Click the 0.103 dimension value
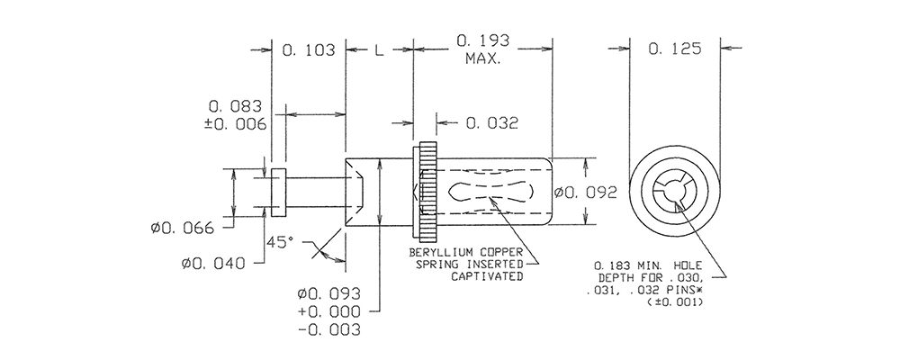308,50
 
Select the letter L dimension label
379,50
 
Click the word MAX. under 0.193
482,58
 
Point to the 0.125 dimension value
675,49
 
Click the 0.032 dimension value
492,123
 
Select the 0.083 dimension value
235,106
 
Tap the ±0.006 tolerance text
235,124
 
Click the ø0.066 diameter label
183,228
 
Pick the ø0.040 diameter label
213,264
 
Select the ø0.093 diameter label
328,294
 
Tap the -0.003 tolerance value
328,330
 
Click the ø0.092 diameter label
586,193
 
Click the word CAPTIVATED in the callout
487,276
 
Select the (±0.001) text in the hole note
675,301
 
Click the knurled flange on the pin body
428,192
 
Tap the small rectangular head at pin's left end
278,193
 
